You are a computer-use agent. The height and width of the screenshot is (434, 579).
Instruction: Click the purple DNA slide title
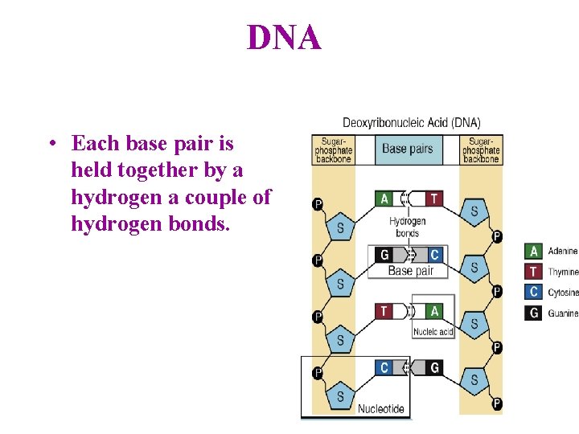tap(284, 38)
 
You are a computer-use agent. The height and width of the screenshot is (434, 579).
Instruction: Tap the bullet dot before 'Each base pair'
tap(51, 145)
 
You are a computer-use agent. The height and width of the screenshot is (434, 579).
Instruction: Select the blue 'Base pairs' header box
tap(407, 149)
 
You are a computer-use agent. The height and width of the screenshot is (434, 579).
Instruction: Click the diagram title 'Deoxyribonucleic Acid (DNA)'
tap(411, 123)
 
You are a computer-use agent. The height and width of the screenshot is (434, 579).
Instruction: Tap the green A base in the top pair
tap(385, 199)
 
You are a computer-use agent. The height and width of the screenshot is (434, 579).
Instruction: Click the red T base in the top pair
tap(434, 199)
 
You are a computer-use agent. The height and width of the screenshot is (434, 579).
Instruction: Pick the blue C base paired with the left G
tap(434, 255)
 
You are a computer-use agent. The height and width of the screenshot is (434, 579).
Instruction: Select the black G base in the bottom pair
tap(434, 367)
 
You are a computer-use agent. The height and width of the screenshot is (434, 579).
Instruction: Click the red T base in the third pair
tap(385, 311)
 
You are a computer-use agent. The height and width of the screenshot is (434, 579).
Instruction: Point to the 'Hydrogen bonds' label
tap(407, 227)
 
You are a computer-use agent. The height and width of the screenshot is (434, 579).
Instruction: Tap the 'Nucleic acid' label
tap(433, 331)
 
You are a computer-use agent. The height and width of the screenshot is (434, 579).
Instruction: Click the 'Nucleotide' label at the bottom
tap(380, 408)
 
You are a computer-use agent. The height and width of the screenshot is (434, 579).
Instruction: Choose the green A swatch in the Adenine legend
tap(533, 252)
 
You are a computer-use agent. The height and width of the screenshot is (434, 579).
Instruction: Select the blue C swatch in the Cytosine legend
tap(533, 293)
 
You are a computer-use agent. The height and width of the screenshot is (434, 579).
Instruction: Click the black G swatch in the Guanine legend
tap(533, 313)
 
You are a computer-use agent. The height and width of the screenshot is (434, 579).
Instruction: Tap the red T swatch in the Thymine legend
tap(533, 272)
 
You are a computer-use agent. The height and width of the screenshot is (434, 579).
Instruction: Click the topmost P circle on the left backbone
tap(318, 204)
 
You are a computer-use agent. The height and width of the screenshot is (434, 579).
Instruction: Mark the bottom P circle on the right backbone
tap(497, 403)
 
